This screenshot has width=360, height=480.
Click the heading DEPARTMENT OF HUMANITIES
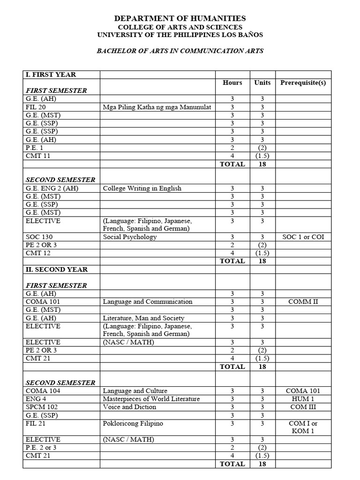(180, 18)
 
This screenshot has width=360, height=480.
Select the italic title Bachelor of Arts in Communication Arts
(180, 51)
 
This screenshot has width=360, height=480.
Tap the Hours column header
(232, 82)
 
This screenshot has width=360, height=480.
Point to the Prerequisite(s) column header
(303, 82)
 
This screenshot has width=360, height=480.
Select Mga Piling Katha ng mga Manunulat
(157, 107)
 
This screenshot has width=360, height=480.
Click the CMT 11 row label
(38, 156)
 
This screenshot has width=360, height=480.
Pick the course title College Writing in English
(142, 188)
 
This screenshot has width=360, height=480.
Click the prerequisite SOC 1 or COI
(303, 237)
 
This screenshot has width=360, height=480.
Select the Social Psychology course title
(130, 237)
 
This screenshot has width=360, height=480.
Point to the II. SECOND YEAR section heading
(57, 270)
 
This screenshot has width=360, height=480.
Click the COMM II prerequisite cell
(303, 301)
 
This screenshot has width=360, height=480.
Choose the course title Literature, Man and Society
(143, 318)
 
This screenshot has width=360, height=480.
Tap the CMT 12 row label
(38, 253)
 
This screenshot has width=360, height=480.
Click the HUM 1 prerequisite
(303, 399)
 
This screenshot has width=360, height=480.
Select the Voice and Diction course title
(129, 407)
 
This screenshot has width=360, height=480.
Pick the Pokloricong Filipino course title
(133, 423)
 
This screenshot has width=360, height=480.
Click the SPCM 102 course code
(42, 407)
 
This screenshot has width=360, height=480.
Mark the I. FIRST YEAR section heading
(51, 75)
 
